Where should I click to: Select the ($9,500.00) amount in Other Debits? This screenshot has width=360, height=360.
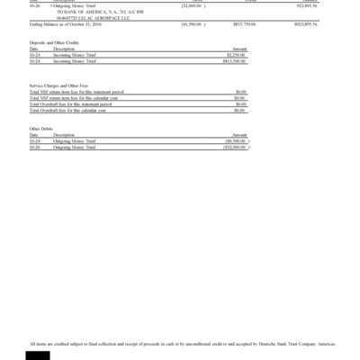236,141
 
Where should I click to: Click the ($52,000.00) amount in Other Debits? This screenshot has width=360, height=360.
235,147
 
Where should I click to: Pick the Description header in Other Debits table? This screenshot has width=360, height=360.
63,135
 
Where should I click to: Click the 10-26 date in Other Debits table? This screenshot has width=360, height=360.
34,147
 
